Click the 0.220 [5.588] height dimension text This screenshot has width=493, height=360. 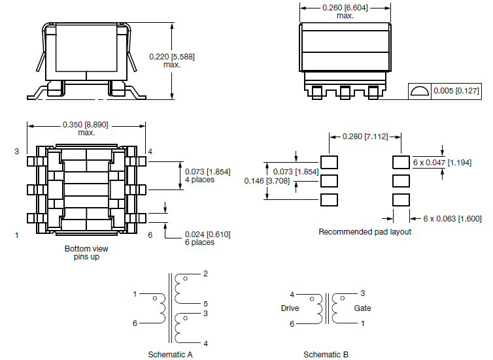point(172,57)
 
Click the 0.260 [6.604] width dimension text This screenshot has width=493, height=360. point(345,8)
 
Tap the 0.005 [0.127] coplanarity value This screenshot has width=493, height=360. point(458,90)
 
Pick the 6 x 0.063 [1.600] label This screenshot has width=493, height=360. point(452,218)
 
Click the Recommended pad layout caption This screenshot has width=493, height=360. point(365,232)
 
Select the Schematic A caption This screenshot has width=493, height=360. point(170,355)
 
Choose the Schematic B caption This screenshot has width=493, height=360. point(326,355)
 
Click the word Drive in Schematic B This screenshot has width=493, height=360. point(290,308)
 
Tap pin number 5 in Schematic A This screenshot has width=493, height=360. point(206,304)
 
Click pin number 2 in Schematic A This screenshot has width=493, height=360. point(206,274)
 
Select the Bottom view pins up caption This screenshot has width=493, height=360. point(86,253)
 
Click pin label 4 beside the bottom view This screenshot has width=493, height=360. point(150,152)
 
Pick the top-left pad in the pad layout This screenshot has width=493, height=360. point(330,161)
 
